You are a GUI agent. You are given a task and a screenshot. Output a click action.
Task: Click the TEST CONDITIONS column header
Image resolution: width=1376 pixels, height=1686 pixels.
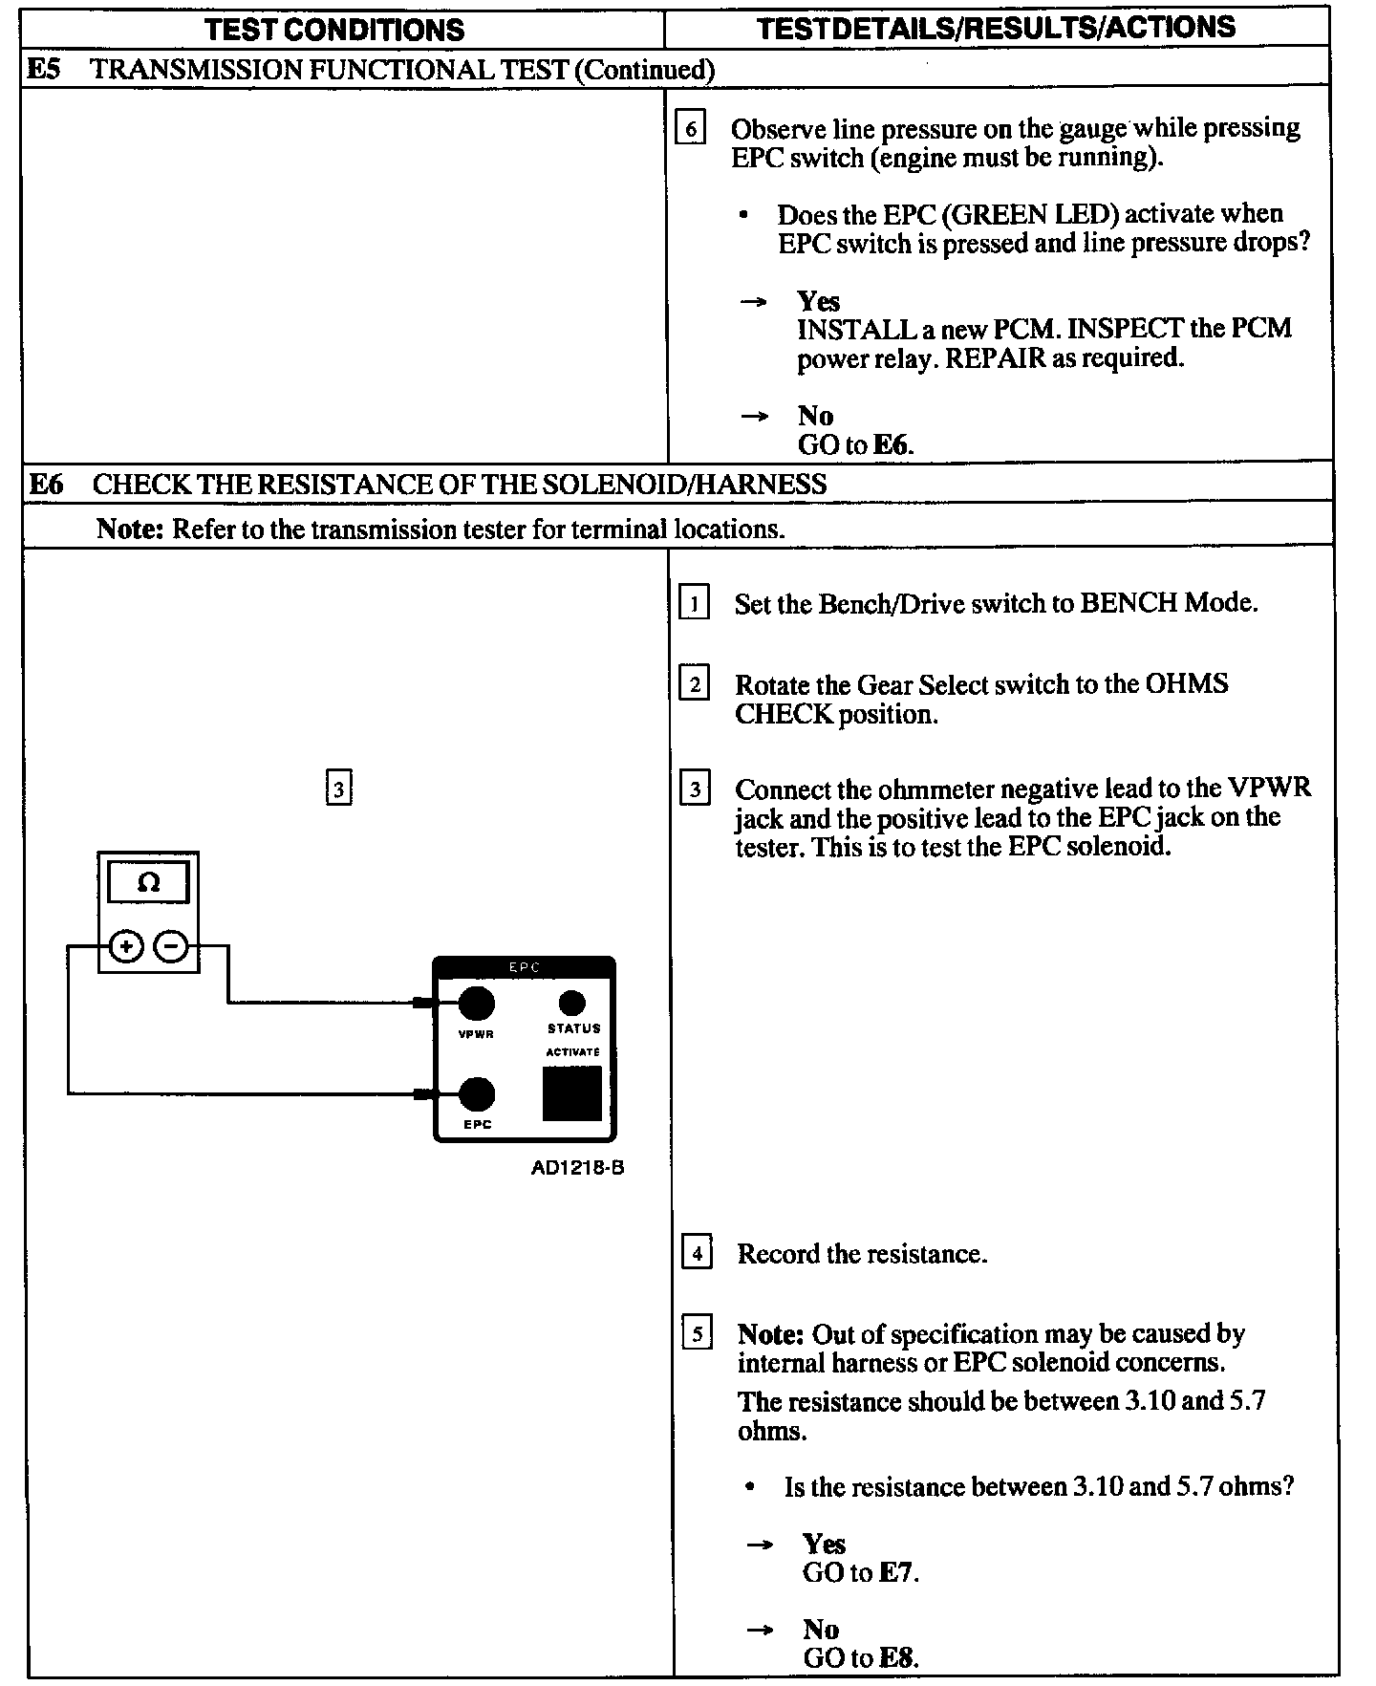(x=334, y=30)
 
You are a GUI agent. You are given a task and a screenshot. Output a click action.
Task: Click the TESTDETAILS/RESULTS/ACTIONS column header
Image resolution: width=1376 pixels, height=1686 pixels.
(x=996, y=28)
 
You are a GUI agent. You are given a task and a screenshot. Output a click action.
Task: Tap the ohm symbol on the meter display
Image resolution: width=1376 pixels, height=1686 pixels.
(x=148, y=883)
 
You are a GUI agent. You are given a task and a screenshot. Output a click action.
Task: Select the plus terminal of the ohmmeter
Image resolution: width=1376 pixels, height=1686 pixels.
(x=126, y=946)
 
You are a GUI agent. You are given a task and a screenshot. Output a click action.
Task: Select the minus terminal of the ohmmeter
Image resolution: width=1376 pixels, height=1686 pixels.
(x=172, y=946)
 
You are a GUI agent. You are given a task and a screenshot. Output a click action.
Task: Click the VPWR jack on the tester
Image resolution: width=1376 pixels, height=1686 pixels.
(x=476, y=1003)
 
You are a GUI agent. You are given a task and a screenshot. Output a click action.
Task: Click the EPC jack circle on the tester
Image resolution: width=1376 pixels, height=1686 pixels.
(x=477, y=1093)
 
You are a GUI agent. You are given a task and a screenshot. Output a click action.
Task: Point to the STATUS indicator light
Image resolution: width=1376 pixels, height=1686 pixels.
(x=571, y=1003)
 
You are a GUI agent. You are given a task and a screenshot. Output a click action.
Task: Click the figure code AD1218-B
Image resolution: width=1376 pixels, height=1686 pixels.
(x=577, y=1167)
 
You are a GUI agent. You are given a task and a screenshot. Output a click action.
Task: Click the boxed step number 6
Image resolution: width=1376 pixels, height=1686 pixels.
(x=690, y=128)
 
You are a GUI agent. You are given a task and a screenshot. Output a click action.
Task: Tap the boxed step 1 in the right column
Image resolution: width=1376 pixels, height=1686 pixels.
(x=694, y=603)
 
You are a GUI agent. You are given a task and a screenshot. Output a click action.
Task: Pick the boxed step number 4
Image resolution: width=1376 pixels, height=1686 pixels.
(x=697, y=1253)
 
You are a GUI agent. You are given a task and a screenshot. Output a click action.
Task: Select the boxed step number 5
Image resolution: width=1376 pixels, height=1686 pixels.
(x=697, y=1333)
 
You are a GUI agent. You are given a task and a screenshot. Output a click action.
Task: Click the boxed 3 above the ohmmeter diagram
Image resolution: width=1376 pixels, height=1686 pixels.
(x=338, y=789)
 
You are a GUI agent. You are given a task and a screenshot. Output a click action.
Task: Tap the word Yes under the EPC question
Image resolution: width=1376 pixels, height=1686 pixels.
(x=818, y=301)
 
